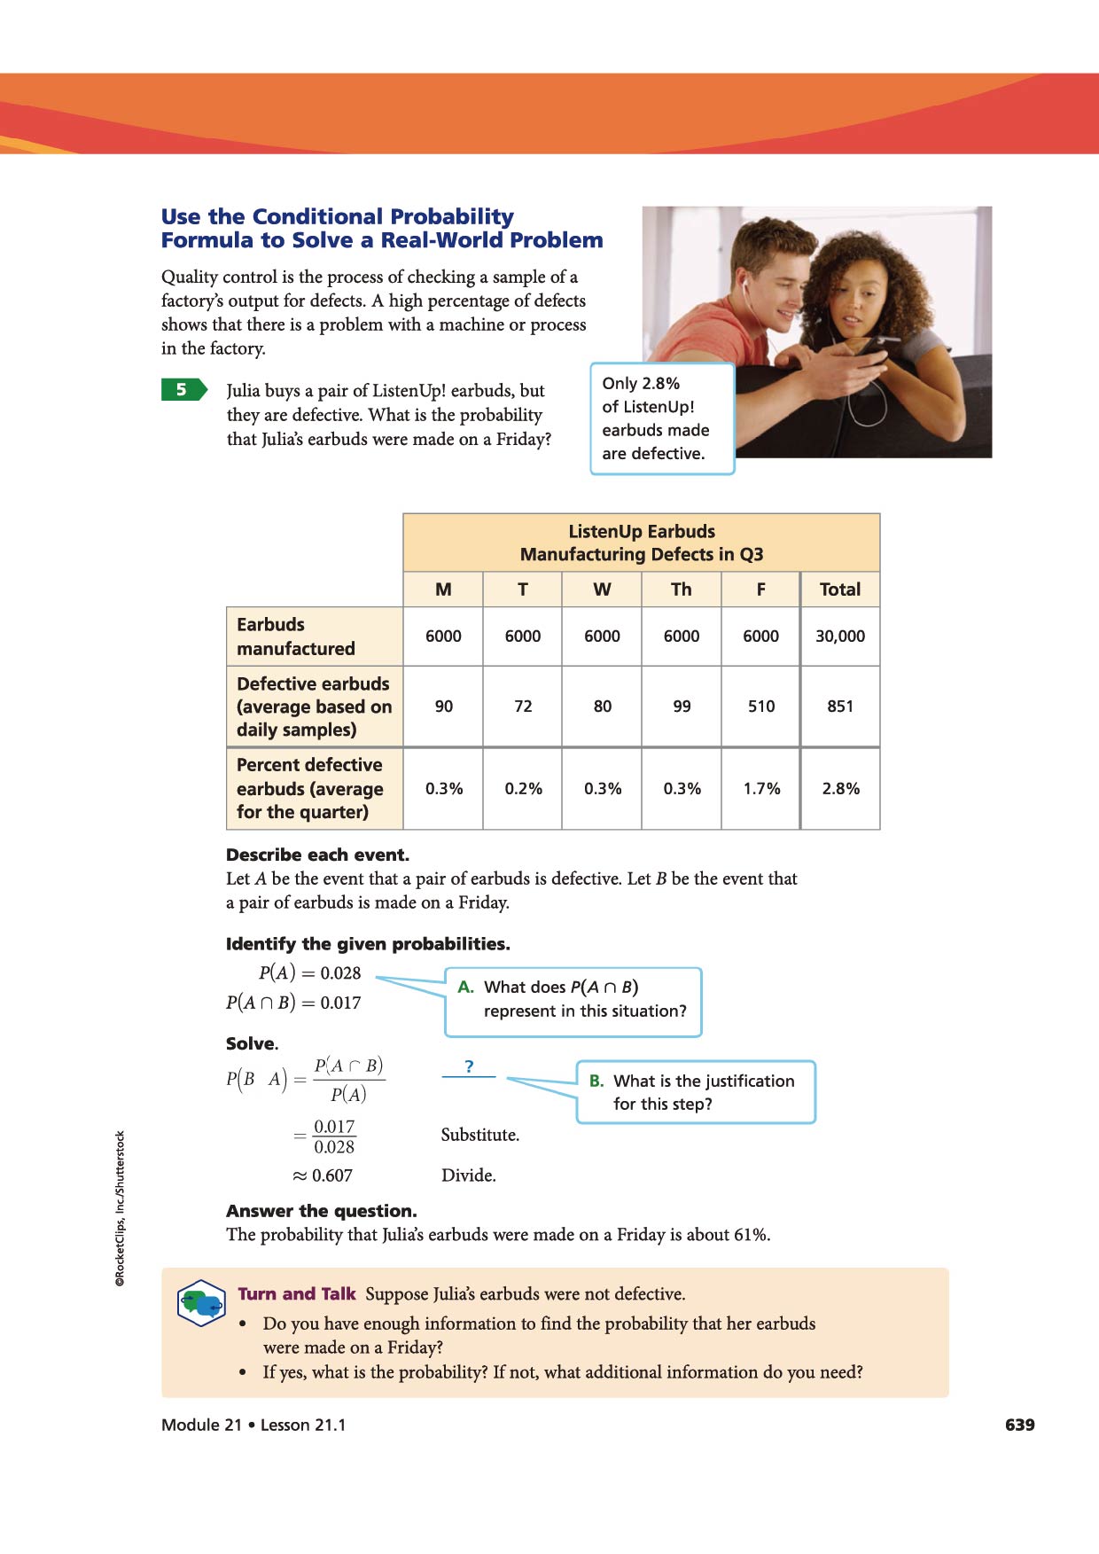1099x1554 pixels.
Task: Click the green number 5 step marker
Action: pyautogui.click(x=183, y=390)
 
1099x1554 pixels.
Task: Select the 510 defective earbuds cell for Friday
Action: pyautogui.click(x=760, y=707)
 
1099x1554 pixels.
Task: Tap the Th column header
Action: pyautogui.click(x=681, y=590)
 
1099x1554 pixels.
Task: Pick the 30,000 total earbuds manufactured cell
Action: pyautogui.click(x=839, y=636)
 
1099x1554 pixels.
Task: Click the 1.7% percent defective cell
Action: pyautogui.click(x=761, y=789)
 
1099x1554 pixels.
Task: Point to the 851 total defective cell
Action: pyautogui.click(x=839, y=707)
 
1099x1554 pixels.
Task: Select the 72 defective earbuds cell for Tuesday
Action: pyautogui.click(x=523, y=707)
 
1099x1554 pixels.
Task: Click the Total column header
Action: pyautogui.click(x=839, y=590)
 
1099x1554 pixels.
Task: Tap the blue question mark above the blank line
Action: pyautogui.click(x=469, y=1066)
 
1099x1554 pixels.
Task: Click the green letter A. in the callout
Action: pyautogui.click(x=466, y=988)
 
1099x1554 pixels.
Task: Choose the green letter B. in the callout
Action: pyautogui.click(x=596, y=1081)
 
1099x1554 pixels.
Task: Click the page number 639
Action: pyautogui.click(x=1019, y=1425)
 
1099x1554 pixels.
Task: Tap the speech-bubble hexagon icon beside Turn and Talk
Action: pyautogui.click(x=201, y=1303)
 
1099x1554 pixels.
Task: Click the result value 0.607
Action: pyautogui.click(x=331, y=1176)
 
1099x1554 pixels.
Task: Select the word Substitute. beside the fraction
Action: pyautogui.click(x=479, y=1135)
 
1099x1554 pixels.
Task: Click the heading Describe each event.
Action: pyautogui.click(x=317, y=855)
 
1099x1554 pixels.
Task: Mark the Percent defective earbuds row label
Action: pyautogui.click(x=309, y=788)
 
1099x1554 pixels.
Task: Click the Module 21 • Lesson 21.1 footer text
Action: pyautogui.click(x=253, y=1425)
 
